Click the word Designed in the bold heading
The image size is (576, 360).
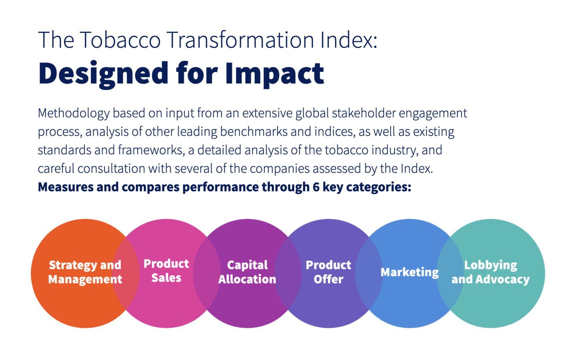[104, 74]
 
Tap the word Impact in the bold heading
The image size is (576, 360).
[274, 74]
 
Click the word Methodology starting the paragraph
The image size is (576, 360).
[73, 114]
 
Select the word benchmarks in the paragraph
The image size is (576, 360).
[253, 132]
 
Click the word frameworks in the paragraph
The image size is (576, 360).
[150, 150]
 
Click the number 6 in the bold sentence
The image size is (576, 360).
[316, 187]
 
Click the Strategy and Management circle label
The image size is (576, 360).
[85, 272]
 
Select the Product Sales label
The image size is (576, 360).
[166, 271]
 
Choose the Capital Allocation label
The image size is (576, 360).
[247, 272]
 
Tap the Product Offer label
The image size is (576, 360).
[328, 272]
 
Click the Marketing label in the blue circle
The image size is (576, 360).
[410, 272]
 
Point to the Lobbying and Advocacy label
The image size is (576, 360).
[491, 272]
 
